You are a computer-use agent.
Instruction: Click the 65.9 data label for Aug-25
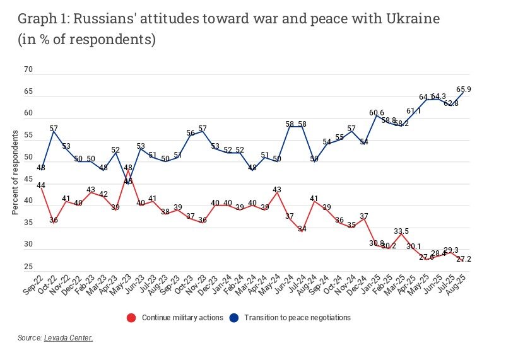pyautogui.click(x=463, y=90)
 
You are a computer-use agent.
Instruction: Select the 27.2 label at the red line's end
pyautogui.click(x=464, y=259)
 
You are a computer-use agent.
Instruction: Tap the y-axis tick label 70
pyautogui.click(x=27, y=70)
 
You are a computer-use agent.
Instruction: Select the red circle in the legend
pyautogui.click(x=131, y=317)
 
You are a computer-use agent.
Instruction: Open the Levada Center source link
pyautogui.click(x=68, y=339)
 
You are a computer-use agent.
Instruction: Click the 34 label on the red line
pyautogui.click(x=303, y=229)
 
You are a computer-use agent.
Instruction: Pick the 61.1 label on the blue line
pyautogui.click(x=413, y=111)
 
